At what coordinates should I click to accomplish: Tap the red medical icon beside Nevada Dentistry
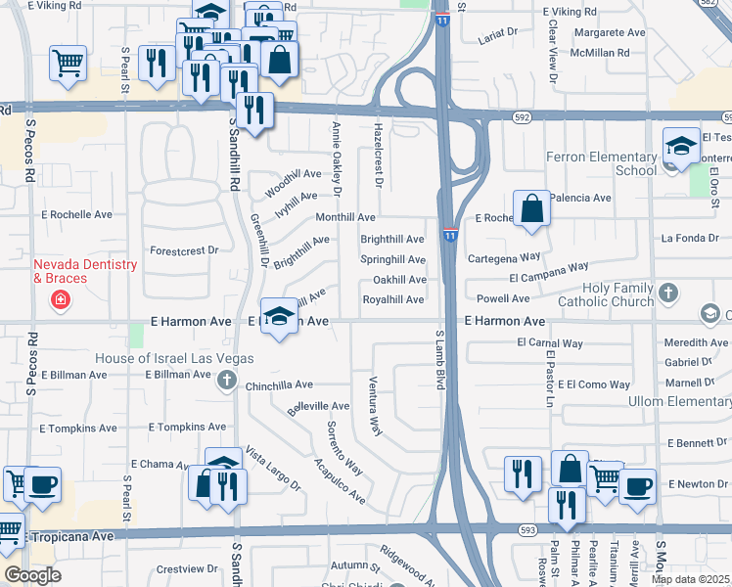tap(61, 299)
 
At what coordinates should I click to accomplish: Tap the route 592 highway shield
tap(522, 117)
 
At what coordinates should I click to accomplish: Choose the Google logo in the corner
tap(32, 575)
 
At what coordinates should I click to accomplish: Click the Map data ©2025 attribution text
tap(691, 579)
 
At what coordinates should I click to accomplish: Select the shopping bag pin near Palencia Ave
tap(531, 209)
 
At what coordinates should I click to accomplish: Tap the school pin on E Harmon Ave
tap(280, 317)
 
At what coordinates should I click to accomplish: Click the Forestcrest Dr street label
tap(184, 250)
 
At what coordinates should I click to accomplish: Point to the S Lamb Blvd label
tap(439, 360)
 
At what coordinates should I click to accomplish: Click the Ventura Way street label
tap(374, 404)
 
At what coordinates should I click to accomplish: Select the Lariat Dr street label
tap(498, 32)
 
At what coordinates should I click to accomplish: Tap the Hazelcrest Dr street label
tap(378, 155)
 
